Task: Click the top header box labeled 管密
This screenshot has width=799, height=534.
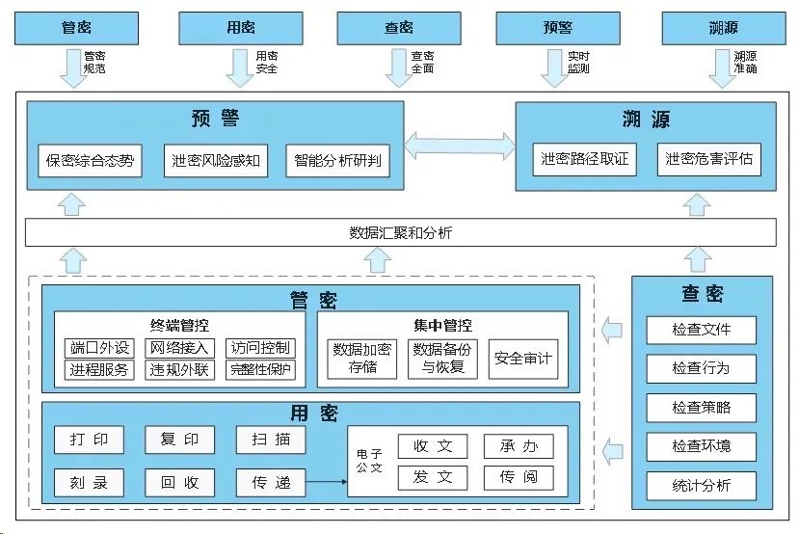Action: coord(75,28)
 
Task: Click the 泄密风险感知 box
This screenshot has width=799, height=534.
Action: coord(215,161)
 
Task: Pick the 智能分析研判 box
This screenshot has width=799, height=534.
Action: coord(338,161)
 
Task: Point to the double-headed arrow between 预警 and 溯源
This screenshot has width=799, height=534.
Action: coord(460,145)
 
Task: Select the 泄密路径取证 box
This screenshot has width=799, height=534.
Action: coord(585,159)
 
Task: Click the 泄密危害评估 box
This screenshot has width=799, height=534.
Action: coord(708,159)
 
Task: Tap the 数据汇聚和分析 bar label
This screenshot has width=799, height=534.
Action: coord(400,232)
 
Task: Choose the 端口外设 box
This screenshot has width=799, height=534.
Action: coord(99,348)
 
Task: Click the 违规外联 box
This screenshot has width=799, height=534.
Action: coord(179,369)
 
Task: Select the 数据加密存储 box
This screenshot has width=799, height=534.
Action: coord(362,359)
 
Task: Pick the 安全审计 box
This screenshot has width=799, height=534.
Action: coord(523,359)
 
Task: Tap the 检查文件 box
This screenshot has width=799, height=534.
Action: coord(701,330)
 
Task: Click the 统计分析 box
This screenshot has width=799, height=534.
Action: coord(701,485)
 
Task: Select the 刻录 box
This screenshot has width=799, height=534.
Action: coord(89,482)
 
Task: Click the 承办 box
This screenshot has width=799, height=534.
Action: coord(519,446)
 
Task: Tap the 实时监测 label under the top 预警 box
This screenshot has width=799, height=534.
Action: coord(578,63)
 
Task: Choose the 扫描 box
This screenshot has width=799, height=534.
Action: coord(271,440)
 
